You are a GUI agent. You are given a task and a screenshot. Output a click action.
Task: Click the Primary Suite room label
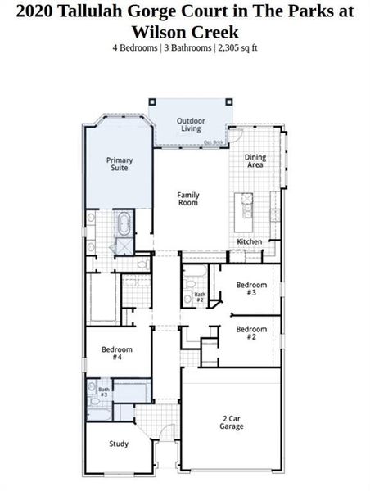120,164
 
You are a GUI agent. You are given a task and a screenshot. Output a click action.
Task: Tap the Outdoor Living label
191,124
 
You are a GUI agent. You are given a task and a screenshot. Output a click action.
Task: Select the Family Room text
188,199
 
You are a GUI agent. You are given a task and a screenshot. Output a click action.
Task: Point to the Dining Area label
255,161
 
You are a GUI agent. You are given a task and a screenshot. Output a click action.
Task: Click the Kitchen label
250,242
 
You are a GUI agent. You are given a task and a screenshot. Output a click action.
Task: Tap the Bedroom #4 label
117,353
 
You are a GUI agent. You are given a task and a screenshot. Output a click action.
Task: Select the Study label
119,444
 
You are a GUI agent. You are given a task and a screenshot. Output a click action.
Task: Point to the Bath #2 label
200,297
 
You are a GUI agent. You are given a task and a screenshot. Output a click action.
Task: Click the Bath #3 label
104,392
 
